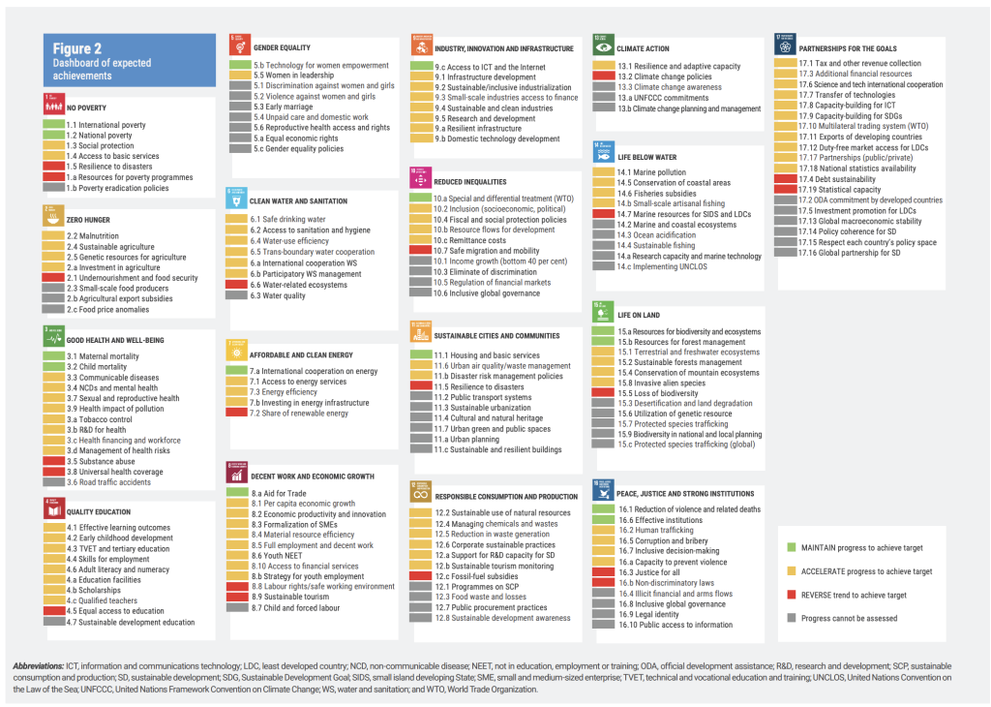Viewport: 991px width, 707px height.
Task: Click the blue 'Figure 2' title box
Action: (128, 60)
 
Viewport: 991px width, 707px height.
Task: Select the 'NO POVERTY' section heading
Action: (86, 108)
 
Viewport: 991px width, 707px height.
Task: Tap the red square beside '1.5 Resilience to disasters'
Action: (53, 167)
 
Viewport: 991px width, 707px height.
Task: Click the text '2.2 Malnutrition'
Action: (93, 236)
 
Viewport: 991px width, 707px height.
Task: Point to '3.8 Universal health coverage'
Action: (114, 472)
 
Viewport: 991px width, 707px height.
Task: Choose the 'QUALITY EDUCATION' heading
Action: (98, 512)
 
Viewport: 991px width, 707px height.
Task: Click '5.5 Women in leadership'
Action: (292, 75)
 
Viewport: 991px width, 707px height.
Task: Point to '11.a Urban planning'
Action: (468, 439)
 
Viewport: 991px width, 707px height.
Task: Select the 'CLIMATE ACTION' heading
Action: (643, 48)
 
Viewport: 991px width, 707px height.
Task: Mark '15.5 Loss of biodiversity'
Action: (658, 393)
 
